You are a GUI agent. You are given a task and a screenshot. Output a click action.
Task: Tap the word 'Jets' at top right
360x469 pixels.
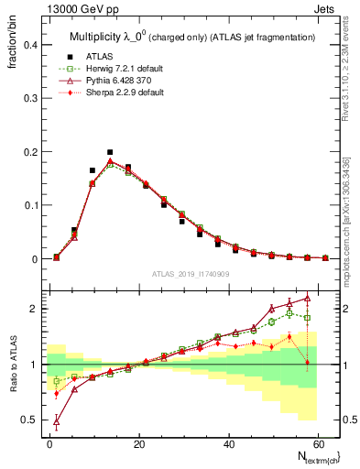(x=325, y=7)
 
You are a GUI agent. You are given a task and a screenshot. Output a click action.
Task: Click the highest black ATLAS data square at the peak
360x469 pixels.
(x=110, y=152)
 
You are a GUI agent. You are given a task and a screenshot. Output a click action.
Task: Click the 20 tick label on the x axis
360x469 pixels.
(x=138, y=442)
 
